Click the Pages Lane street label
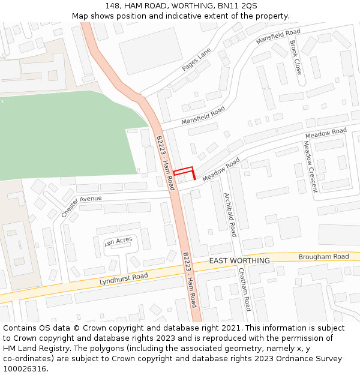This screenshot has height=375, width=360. [x=197, y=59]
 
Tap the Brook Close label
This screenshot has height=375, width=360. [x=295, y=58]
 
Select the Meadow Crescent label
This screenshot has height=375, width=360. [x=309, y=167]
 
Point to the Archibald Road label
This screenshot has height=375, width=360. [x=230, y=214]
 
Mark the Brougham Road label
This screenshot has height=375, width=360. [x=323, y=257]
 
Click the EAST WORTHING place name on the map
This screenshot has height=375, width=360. [x=239, y=260]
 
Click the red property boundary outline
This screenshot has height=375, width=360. [x=184, y=171]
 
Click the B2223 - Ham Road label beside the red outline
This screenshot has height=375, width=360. [x=165, y=163]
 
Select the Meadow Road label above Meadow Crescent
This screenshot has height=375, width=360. [x=326, y=132]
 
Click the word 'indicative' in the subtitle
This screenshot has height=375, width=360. [x=202, y=16]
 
